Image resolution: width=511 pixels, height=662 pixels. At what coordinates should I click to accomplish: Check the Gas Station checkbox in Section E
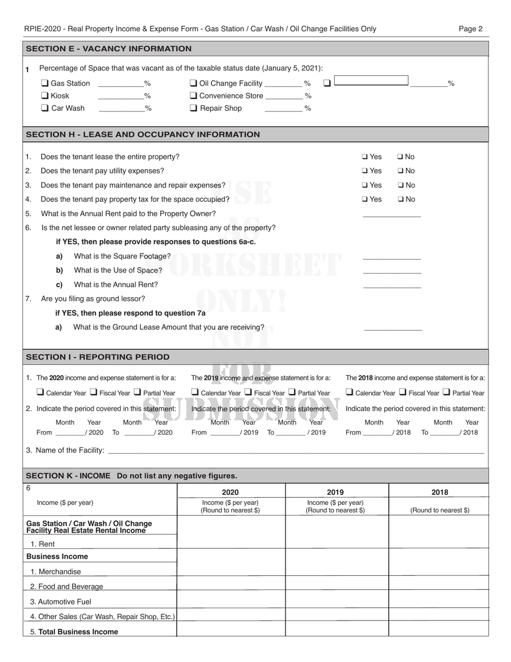[45, 83]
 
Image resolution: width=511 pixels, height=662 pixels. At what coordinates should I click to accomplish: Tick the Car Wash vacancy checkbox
[45, 108]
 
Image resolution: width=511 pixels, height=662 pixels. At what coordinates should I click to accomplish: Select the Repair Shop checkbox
[194, 108]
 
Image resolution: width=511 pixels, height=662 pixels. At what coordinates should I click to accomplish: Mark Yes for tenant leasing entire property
[365, 157]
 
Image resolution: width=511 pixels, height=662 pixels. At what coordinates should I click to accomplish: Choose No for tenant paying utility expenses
[400, 171]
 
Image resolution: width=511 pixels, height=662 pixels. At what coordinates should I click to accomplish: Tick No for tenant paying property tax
[400, 199]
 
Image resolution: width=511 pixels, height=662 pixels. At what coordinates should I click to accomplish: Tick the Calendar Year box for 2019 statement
[195, 392]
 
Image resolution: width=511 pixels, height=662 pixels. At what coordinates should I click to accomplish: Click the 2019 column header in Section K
[335, 492]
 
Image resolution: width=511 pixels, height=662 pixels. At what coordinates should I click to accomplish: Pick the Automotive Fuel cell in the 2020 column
[231, 602]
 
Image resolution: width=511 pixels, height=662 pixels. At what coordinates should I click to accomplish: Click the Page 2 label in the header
[471, 29]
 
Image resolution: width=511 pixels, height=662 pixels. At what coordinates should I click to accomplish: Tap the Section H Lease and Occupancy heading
[143, 135]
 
